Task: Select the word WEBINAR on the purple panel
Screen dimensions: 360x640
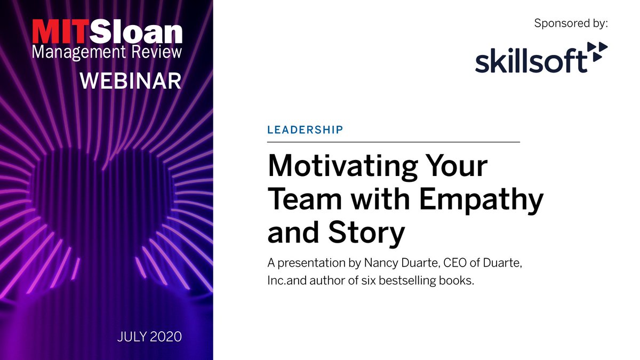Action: click(130, 81)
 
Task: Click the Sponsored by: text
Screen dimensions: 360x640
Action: click(571, 23)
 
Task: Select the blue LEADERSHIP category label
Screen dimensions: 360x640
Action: click(305, 130)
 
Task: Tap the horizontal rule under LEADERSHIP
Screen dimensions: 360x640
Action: click(393, 142)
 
